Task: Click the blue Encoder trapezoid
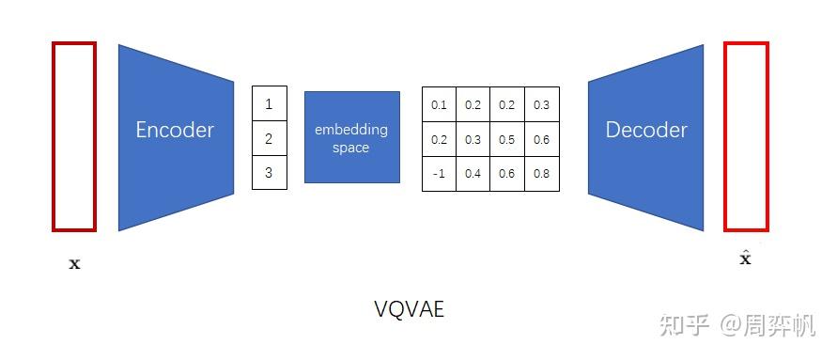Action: coord(175,136)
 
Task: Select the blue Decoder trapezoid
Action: coord(645,136)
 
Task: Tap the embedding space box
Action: coord(351,137)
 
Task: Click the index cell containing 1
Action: coord(269,103)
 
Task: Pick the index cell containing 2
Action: coord(269,138)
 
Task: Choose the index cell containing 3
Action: coord(269,172)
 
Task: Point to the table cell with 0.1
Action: coord(439,104)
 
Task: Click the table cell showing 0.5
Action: coord(507,139)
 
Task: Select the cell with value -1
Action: coord(439,174)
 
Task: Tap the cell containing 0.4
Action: coord(473,174)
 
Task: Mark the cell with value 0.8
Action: coord(542,174)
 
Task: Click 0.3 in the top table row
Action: coord(542,104)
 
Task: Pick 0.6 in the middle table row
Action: coord(542,139)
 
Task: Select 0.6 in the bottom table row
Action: coord(507,174)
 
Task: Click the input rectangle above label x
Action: coord(74,136)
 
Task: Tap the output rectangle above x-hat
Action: coord(746,136)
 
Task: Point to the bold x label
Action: coord(75,264)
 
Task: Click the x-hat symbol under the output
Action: coord(746,257)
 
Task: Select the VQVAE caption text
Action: coord(409,308)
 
